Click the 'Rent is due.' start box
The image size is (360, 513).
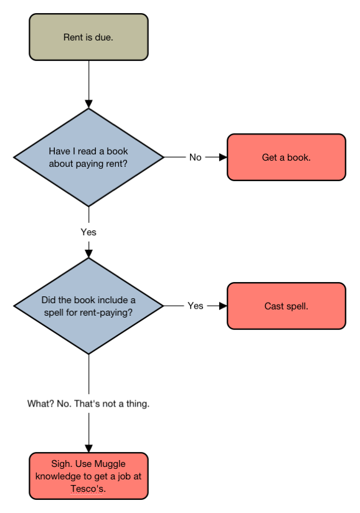(88, 37)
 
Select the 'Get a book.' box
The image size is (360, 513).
(287, 157)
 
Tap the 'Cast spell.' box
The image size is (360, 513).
(287, 306)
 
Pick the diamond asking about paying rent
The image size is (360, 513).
(88, 158)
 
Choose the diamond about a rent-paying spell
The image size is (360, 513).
(88, 306)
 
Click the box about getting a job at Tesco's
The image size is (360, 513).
(88, 476)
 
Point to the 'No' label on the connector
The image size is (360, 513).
(196, 158)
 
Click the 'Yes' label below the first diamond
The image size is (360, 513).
(88, 232)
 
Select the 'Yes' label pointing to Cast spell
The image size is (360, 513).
(196, 306)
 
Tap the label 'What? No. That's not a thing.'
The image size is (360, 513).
(88, 403)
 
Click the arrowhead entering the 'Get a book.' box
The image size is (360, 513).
(223, 158)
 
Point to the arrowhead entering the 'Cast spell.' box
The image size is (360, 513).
(223, 306)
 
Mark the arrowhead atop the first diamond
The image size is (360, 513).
(88, 104)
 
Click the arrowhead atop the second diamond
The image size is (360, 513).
(88, 254)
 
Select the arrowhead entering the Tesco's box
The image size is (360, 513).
(88, 448)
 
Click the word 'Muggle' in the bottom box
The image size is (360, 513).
(110, 464)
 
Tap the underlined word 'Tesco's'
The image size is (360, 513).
(88, 489)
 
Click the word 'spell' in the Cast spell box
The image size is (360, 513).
(296, 306)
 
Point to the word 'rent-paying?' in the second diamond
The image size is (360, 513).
(104, 313)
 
